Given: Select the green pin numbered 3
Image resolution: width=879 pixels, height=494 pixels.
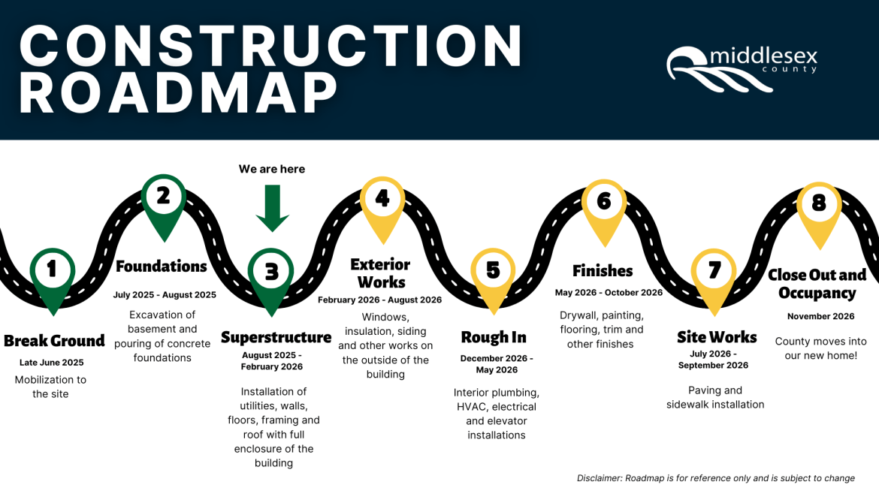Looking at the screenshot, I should coord(271,274).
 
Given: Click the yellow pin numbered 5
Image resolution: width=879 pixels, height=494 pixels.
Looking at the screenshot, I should coord(493,273).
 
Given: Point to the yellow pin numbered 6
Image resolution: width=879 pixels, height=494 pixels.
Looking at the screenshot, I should coord(604,204).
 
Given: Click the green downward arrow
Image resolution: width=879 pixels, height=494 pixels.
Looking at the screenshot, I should coord(272,208).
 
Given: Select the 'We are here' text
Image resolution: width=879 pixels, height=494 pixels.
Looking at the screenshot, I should coord(272,169).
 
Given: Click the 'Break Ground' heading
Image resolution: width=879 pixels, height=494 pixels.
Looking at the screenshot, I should coord(54,341).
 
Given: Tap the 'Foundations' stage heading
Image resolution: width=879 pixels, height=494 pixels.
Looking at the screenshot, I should coord(162,267).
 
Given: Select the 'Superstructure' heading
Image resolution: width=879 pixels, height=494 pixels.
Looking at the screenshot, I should coord(276,338).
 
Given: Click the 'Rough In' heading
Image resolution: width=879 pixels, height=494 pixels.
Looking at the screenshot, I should coord(494,338).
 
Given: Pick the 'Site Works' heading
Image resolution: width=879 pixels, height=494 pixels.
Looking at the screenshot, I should coord(717,337).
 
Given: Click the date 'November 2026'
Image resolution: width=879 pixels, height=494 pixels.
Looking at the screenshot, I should coord(820,316).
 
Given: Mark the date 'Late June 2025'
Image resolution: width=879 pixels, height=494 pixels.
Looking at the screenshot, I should coord(51,363).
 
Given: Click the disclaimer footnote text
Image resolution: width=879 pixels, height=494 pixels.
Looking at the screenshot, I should coord(715,478).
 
